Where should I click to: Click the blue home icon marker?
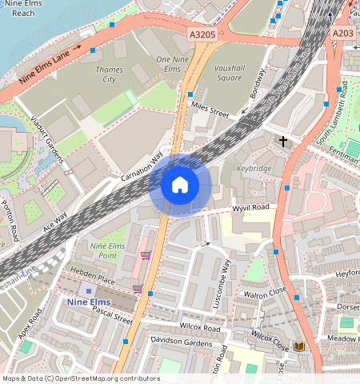[180, 185]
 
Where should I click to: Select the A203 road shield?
[343, 33]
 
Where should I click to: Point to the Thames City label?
[110, 75]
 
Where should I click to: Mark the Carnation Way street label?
[142, 166]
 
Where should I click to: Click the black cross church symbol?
[282, 142]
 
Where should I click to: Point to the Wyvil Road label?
[250, 207]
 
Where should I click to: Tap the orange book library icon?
[300, 346]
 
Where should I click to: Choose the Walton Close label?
[265, 294]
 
